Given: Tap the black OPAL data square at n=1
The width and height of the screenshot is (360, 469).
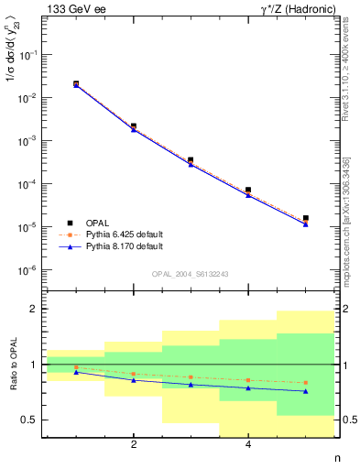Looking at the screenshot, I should (x=76, y=84).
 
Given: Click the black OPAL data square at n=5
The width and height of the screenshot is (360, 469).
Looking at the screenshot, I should (x=305, y=218).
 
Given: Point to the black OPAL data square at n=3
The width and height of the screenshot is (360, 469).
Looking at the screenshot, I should (x=191, y=160).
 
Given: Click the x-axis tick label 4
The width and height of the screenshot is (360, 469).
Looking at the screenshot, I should (x=248, y=445).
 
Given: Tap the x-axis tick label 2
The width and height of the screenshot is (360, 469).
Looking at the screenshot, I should (x=134, y=445).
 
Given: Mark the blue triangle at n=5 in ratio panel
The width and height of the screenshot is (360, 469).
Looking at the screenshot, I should (x=305, y=391).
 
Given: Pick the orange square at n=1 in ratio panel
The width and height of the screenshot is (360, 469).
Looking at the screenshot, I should (x=76, y=367).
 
